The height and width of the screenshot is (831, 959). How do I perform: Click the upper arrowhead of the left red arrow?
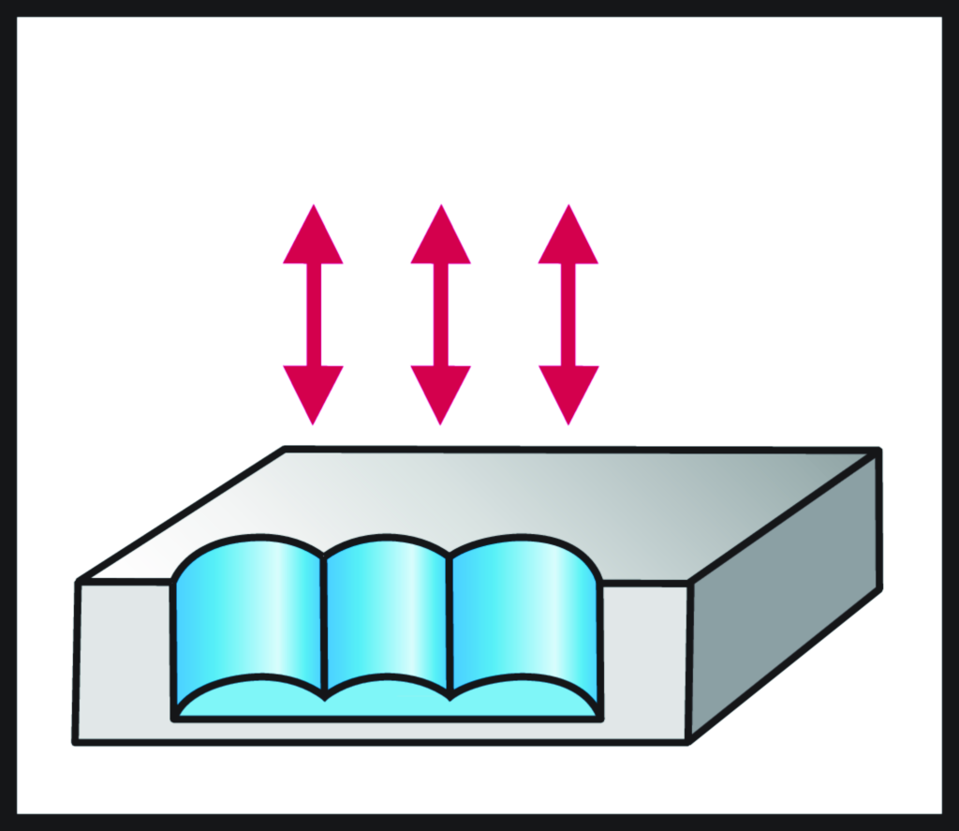[313, 239]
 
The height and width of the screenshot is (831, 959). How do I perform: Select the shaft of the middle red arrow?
[440, 315]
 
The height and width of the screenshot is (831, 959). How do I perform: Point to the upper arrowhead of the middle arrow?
[440, 239]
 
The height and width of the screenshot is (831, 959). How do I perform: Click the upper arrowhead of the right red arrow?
[568, 239]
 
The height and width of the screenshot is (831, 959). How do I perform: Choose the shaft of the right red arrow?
[568, 315]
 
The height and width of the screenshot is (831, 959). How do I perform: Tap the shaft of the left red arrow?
[313, 315]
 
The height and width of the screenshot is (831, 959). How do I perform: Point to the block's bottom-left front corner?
[76, 742]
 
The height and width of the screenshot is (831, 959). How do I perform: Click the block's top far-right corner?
[878, 452]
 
